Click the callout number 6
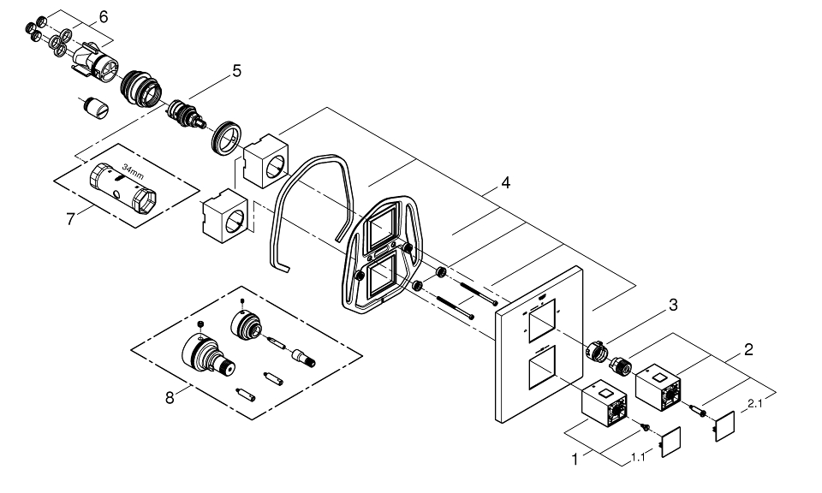coord(104,17)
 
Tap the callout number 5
coord(235,70)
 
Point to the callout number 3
coord(674,305)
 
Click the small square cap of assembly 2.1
coord(725,425)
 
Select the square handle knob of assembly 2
coord(659,383)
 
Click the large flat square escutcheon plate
coord(539,342)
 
